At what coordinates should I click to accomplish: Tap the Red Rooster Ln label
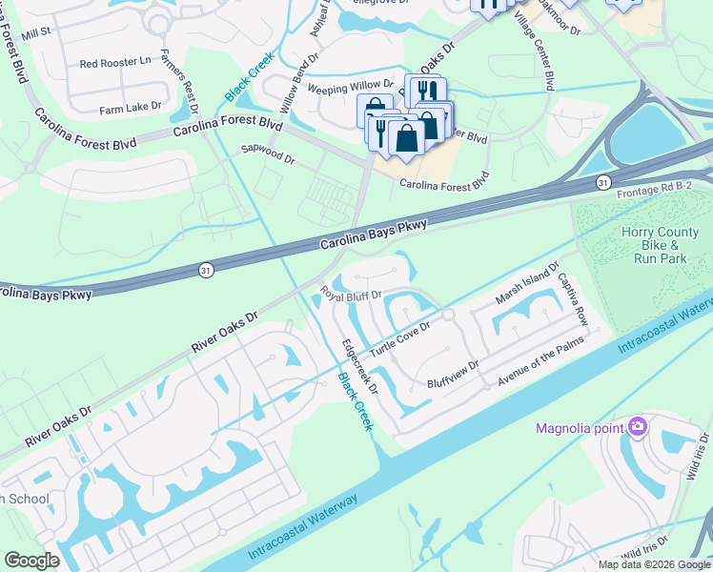point(115,63)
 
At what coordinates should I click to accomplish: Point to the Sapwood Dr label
point(268,153)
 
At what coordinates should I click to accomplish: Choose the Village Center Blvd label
point(534,53)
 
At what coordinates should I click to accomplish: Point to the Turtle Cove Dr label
point(400,337)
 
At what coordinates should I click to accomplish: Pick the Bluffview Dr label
point(453,370)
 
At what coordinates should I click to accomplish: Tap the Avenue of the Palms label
point(540,368)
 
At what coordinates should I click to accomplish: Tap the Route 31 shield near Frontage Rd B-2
point(603,181)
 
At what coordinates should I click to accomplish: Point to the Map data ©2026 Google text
point(653,564)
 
